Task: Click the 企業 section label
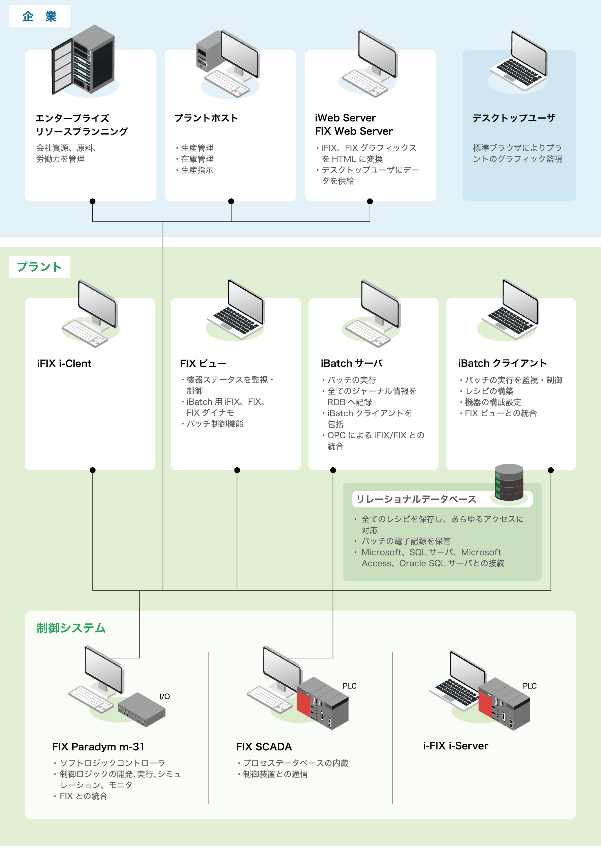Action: point(39,17)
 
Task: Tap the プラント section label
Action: point(39,267)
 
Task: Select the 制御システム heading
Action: point(71,628)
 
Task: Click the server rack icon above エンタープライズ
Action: point(84,60)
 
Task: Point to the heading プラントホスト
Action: point(206,118)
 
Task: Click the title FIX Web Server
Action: point(353,131)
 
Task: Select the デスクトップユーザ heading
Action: point(514,118)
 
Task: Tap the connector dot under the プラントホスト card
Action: point(231,201)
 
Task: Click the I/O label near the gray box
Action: point(164,697)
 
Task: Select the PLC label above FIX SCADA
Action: point(349,686)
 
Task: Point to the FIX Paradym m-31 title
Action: point(98,747)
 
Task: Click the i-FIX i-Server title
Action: point(456,746)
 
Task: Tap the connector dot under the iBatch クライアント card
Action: point(551,470)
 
